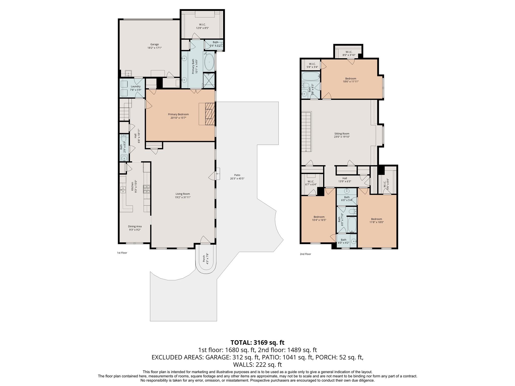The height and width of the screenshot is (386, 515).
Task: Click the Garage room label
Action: [154, 44]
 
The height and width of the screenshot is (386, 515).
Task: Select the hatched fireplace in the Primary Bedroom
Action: [209, 114]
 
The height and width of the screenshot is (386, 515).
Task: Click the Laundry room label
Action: [136, 86]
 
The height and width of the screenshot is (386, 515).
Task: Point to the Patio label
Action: [237, 175]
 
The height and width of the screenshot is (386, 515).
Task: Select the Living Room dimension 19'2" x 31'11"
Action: [183, 198]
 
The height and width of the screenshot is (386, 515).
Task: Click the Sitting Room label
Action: [342, 134]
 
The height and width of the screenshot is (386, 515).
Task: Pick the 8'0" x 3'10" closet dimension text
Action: [349, 55]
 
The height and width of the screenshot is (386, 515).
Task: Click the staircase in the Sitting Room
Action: [306, 132]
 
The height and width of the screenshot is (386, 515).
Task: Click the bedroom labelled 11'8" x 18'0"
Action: [377, 221]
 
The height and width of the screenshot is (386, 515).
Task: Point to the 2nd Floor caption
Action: [305, 254]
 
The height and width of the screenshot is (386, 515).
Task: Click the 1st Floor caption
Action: [122, 253]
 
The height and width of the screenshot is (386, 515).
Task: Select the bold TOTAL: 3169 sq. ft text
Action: [257, 343]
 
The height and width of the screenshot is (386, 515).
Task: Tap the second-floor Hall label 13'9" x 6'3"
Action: [345, 180]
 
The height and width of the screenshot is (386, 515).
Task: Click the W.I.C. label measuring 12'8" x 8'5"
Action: [202, 26]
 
